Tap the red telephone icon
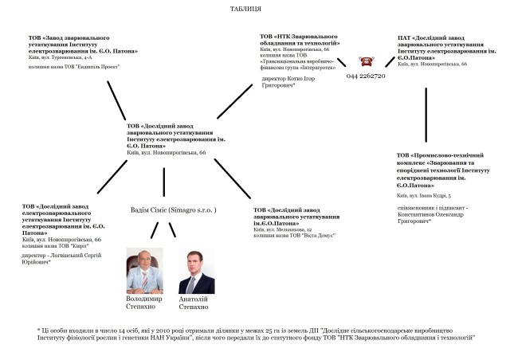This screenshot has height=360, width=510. (367, 62)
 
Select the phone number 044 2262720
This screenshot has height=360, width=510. (367, 76)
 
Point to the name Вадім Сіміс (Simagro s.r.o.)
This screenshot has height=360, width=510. (173, 209)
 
